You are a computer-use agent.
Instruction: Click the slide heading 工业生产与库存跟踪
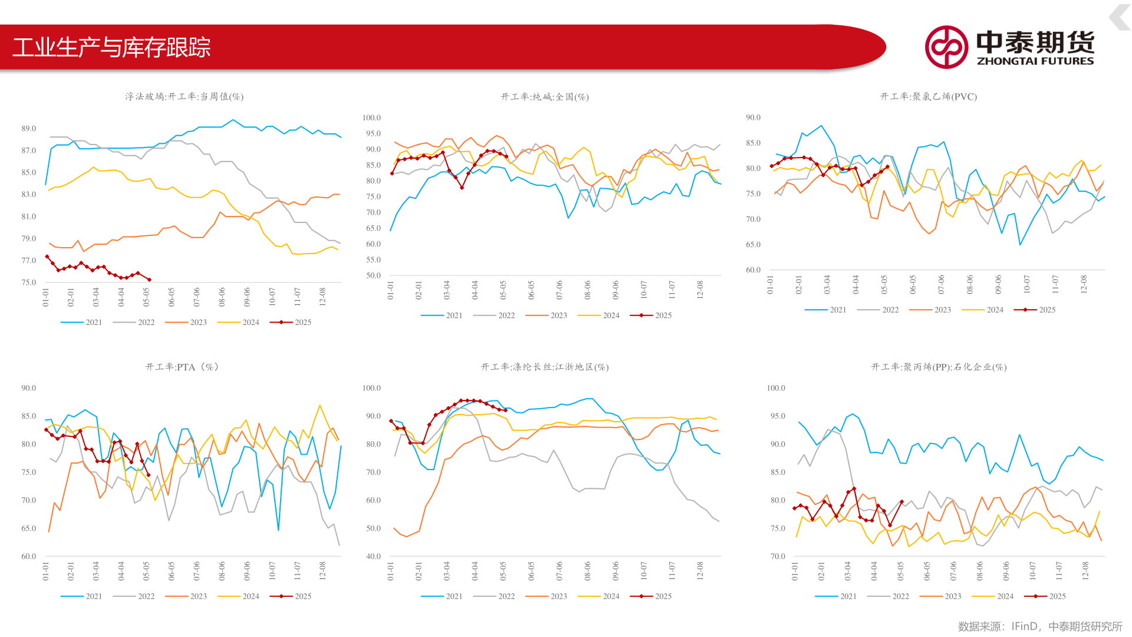pyautogui.click(x=111, y=48)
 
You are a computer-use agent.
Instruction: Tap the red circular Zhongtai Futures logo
pyautogui.click(x=946, y=47)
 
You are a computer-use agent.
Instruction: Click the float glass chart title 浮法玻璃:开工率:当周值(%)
pyautogui.click(x=184, y=97)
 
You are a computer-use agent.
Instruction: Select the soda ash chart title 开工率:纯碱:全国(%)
pyautogui.click(x=544, y=97)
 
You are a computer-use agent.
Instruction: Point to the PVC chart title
pyautogui.click(x=928, y=97)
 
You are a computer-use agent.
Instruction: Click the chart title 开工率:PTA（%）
pyautogui.click(x=182, y=367)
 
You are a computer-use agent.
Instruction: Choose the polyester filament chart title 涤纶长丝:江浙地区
pyautogui.click(x=544, y=367)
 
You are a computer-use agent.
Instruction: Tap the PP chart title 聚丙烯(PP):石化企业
pyautogui.click(x=939, y=367)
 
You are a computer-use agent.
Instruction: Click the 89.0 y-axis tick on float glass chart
pyautogui.click(x=29, y=129)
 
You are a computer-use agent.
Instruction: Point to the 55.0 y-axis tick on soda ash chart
pyautogui.click(x=373, y=260)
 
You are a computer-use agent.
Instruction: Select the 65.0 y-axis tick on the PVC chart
pyautogui.click(x=753, y=245)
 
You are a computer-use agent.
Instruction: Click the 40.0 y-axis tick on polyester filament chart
pyautogui.click(x=373, y=556)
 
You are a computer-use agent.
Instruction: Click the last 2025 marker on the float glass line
pyautogui.click(x=149, y=280)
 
